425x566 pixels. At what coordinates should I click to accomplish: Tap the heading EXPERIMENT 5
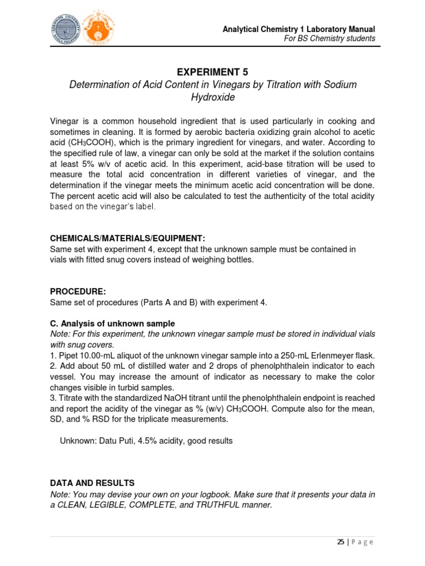[x=212, y=72]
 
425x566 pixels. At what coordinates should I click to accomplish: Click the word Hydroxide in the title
[x=212, y=97]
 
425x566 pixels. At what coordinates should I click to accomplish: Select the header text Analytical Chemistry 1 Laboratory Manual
[x=299, y=29]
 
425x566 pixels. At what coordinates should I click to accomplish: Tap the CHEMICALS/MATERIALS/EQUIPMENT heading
[x=127, y=238]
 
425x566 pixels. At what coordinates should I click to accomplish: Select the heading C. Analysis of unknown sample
[x=112, y=323]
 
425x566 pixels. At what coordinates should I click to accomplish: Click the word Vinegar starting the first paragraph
[x=65, y=121]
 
